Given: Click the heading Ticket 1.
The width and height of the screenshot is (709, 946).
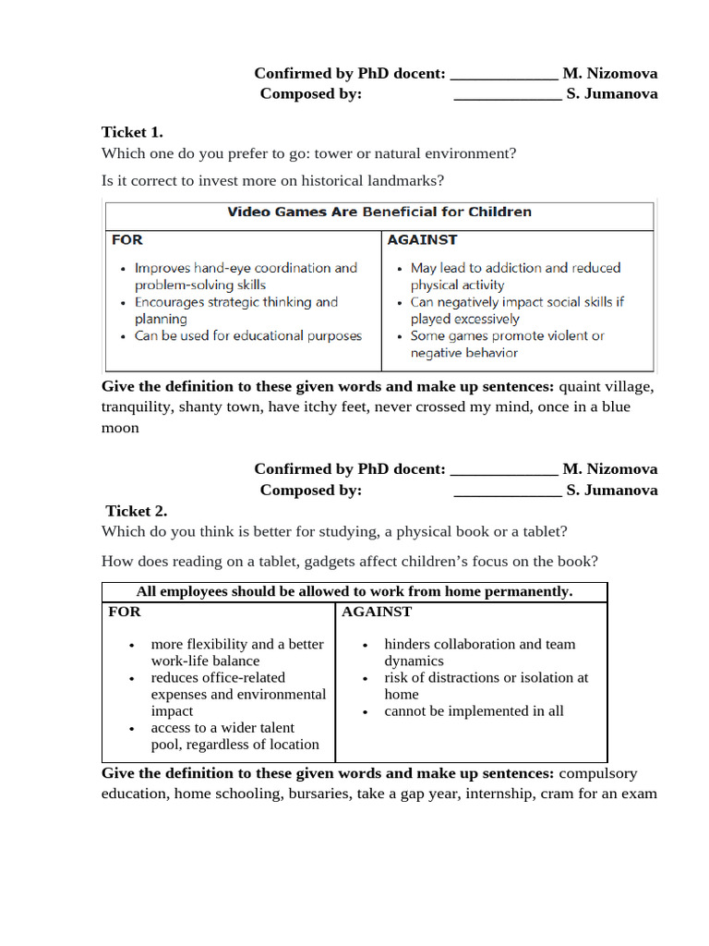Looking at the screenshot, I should point(132,132).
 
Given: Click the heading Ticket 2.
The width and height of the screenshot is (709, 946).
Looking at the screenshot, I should point(136,511).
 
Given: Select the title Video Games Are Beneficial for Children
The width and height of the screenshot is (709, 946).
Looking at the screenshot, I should point(379,212).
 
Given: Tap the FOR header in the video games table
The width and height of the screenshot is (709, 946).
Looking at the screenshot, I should point(127,240).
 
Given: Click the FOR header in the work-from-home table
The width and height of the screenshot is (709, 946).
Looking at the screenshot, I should point(125,612).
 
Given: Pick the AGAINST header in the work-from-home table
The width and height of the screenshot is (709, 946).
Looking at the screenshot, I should point(377,612).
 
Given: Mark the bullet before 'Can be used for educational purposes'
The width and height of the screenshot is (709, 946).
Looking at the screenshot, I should point(123,337).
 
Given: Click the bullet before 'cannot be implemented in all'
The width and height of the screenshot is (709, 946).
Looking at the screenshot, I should point(367,712).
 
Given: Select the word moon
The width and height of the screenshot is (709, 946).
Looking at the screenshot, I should point(120,428).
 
